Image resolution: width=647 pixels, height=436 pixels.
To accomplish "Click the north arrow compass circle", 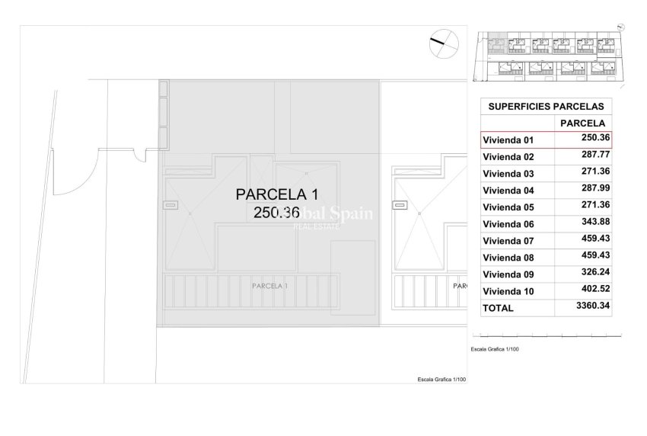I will point(443,44).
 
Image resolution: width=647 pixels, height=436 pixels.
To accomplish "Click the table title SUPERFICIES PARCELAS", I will point(547,107).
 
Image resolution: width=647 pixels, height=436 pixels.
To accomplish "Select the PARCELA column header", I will point(582,123).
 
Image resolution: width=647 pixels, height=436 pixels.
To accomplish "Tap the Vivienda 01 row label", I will point(509,140).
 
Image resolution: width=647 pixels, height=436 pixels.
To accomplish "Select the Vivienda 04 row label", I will point(509,191).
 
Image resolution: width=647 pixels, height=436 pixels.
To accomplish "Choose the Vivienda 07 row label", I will point(509,241).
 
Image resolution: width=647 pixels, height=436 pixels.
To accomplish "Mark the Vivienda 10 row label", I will point(509,291).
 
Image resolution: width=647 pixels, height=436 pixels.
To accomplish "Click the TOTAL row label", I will point(498,308).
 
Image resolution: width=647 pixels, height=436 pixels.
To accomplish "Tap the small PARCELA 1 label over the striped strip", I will point(269,286).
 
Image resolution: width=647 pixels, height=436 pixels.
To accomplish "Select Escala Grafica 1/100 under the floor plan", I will point(441,380).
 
